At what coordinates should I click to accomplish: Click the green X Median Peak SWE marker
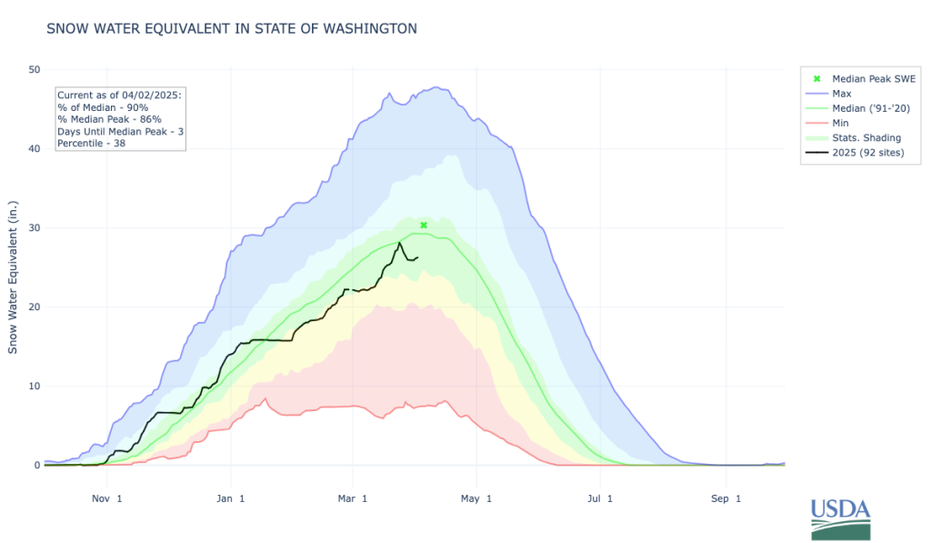tap(424, 225)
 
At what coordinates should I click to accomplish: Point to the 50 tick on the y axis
tap(34, 69)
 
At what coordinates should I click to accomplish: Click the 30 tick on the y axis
tap(34, 227)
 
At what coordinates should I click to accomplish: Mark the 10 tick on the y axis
tap(34, 387)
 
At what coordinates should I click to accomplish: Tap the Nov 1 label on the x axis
tap(108, 498)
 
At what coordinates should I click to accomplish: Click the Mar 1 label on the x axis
tap(353, 498)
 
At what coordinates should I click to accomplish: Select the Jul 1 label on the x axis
tap(598, 498)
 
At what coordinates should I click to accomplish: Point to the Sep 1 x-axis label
tap(726, 498)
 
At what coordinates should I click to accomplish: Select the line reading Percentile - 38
tap(91, 143)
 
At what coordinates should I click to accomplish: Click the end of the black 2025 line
tap(417, 257)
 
